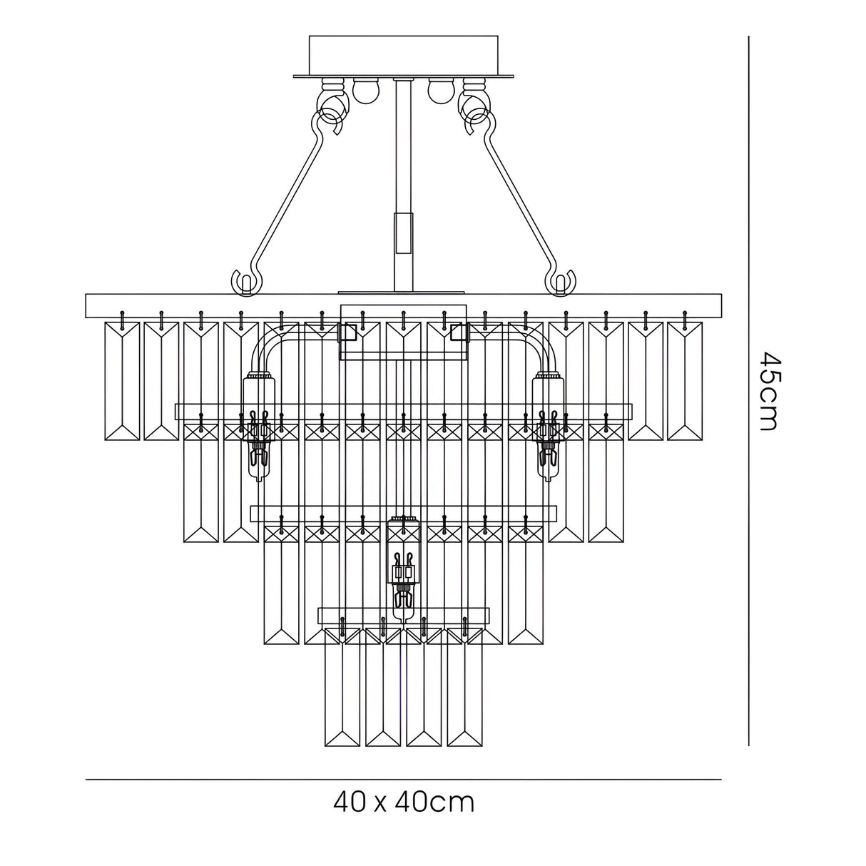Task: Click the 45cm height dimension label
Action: pos(768,391)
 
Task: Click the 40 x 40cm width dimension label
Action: pos(404,803)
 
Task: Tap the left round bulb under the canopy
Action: pos(363,90)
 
